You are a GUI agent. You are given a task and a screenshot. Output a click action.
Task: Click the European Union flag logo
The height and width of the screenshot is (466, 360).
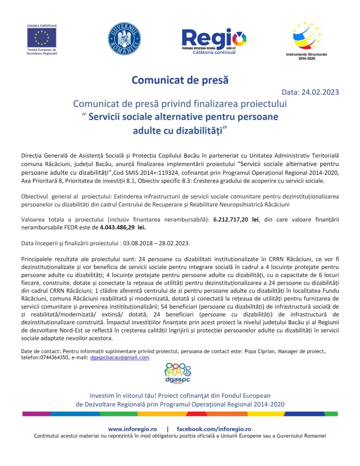(41, 38)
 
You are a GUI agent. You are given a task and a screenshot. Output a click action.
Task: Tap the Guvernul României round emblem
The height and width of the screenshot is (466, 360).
(124, 39)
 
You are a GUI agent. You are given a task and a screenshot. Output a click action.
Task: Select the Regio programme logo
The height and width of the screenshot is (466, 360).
(214, 39)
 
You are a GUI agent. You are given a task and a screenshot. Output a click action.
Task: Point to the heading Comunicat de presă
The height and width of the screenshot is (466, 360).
(179, 80)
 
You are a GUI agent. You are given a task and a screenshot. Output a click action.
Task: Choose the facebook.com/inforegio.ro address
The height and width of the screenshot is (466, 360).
(214, 429)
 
